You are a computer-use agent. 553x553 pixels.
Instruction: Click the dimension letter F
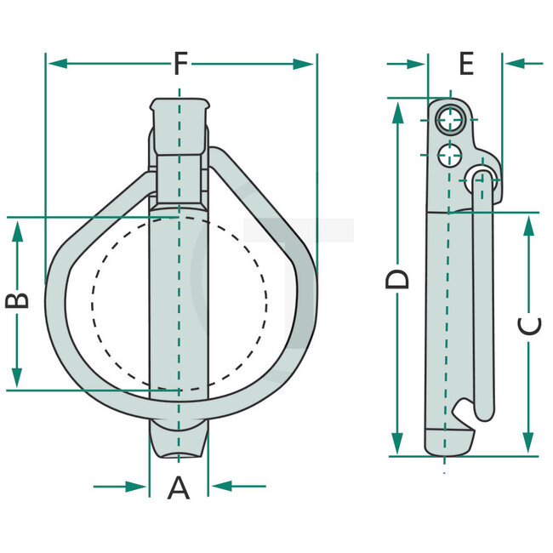tap(180, 64)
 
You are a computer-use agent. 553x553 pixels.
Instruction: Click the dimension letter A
tap(178, 487)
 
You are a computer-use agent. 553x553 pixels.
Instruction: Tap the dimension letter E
tap(465, 64)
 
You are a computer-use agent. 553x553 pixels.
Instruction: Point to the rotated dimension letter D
tap(397, 278)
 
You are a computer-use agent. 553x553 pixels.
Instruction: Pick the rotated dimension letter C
tap(528, 326)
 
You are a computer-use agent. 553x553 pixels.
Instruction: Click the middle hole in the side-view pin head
tap(448, 154)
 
